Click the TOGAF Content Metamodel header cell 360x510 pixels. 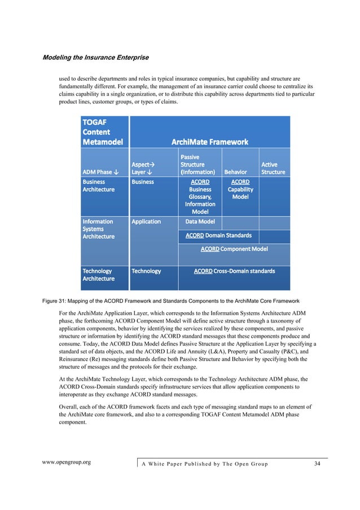click(x=103, y=132)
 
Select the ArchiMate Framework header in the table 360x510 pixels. click(x=209, y=142)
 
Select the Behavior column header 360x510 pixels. click(x=235, y=172)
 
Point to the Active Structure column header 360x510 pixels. click(x=273, y=168)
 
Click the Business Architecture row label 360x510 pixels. click(x=99, y=186)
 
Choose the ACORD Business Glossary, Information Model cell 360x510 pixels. click(x=200, y=197)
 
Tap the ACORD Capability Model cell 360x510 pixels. click(x=240, y=190)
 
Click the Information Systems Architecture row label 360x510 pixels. click(x=99, y=229)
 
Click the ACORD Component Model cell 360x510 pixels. click(x=234, y=249)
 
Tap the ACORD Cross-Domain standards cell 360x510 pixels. click(x=234, y=271)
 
